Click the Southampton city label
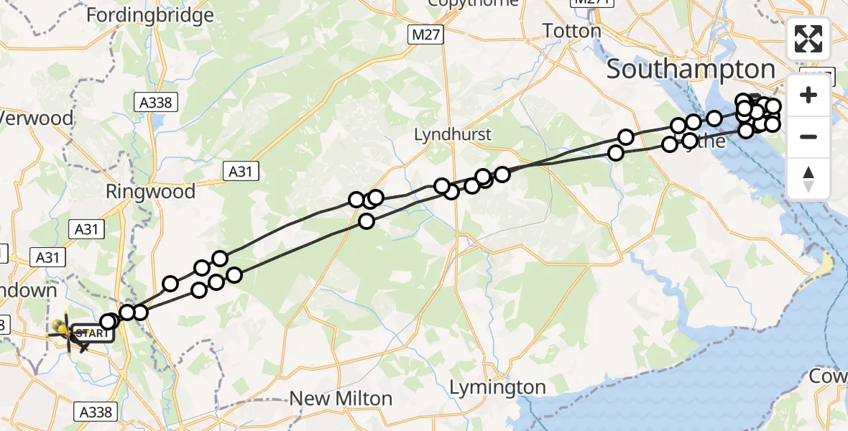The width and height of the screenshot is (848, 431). [691, 70]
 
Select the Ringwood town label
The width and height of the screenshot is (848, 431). [150, 192]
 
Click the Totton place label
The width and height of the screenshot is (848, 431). [571, 31]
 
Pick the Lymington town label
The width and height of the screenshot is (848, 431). [497, 388]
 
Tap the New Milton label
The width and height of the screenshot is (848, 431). [341, 399]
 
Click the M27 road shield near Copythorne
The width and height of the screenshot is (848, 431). [428, 34]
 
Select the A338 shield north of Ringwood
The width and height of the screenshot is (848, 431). [156, 103]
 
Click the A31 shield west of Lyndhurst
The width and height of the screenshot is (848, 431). [240, 171]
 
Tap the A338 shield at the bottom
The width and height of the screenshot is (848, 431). [94, 412]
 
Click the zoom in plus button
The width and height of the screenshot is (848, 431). [808, 96]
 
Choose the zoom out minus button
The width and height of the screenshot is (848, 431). [808, 136]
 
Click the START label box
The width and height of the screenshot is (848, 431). [93, 333]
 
